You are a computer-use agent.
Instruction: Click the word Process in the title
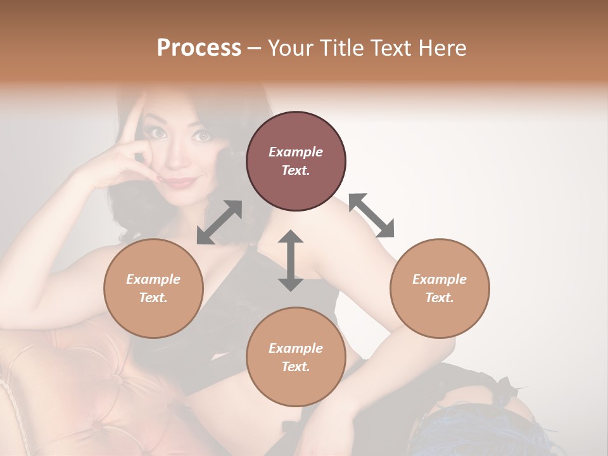[199, 48]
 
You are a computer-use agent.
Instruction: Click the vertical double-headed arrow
[291, 260]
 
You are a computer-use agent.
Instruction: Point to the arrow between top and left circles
[220, 222]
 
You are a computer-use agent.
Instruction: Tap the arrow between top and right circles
[371, 215]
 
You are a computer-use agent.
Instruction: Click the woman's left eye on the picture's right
[203, 136]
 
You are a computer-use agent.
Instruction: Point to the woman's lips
[180, 182]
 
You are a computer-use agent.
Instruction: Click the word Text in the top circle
[295, 170]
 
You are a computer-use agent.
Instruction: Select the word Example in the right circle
[439, 279]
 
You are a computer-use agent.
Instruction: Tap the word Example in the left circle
[153, 279]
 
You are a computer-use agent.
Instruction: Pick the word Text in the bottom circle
[295, 366]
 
